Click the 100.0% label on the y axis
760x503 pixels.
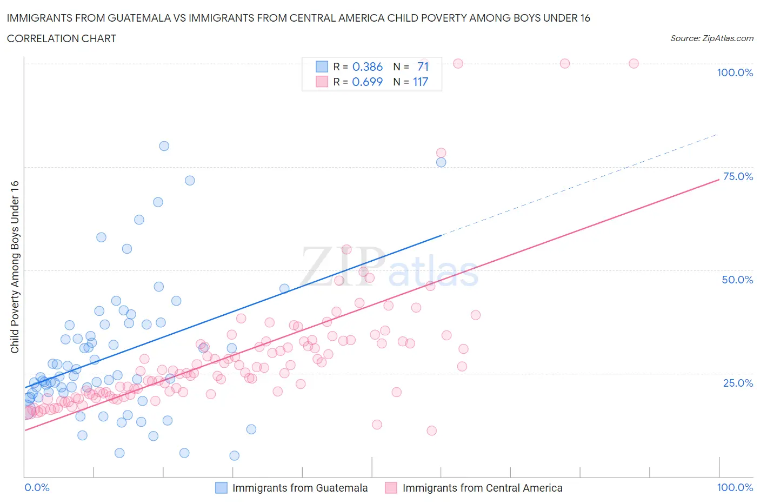coord(735,72)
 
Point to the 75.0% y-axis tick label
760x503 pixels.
coord(738,176)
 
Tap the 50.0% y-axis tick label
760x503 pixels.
coord(737,280)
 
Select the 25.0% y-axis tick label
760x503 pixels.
coord(738,383)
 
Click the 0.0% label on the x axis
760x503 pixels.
coord(37,487)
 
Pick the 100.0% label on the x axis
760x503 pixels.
coord(735,487)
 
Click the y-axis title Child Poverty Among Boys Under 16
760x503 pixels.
coord(15,267)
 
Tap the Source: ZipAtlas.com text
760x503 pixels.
coord(711,38)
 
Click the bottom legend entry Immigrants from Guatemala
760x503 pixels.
coord(299,488)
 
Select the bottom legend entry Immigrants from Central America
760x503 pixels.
coord(482,488)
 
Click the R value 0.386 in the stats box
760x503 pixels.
coord(368,67)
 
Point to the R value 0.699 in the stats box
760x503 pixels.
coord(368,82)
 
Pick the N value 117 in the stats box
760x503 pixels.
coord(421,82)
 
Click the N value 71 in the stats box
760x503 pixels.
coord(423,67)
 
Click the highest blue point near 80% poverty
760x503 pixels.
coord(164,146)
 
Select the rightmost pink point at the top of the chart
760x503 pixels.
coord(634,63)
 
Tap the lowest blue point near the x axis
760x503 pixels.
coord(234,455)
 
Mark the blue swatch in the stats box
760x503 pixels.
coord(322,67)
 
